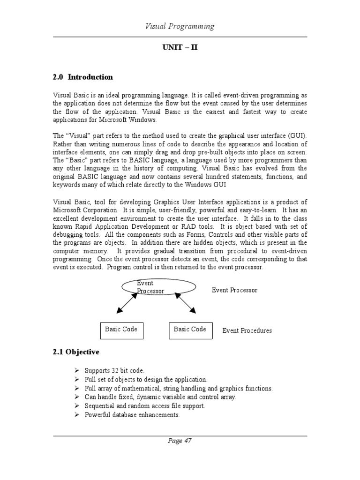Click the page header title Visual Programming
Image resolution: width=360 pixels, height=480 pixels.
pos(180,26)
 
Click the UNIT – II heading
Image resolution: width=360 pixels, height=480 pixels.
pos(180,48)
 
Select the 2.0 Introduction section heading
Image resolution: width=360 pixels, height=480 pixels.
pos(82,77)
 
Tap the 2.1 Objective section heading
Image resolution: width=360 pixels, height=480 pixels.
pos(76,352)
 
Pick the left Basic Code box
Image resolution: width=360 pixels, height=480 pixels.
pos(121,330)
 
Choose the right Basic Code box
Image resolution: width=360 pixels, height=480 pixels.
pos(190,330)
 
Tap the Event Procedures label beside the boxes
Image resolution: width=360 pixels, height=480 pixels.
pos(247,330)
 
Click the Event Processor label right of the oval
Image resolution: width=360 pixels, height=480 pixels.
pos(234,290)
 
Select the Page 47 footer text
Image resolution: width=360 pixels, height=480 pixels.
pos(180,441)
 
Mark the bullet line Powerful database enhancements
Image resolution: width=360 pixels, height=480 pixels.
pos(132,415)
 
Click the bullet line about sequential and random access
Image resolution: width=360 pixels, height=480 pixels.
pos(145,406)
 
